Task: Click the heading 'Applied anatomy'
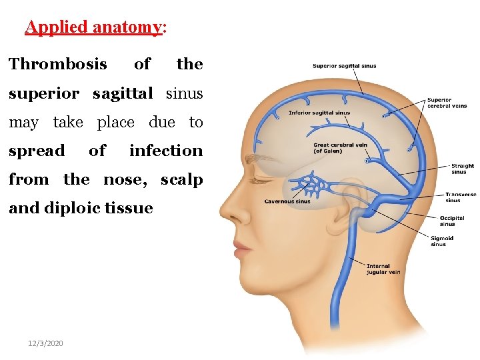click(x=93, y=27)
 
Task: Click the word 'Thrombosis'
click(x=58, y=64)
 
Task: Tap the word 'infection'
click(x=166, y=151)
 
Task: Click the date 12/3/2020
click(x=45, y=342)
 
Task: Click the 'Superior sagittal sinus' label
click(x=345, y=66)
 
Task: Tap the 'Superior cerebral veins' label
click(x=447, y=103)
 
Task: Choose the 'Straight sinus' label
click(x=462, y=169)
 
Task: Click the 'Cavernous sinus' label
click(x=287, y=201)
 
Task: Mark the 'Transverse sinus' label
click(x=461, y=197)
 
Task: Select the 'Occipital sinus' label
click(x=451, y=221)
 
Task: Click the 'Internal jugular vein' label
click(x=383, y=269)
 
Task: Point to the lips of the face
click(x=242, y=248)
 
